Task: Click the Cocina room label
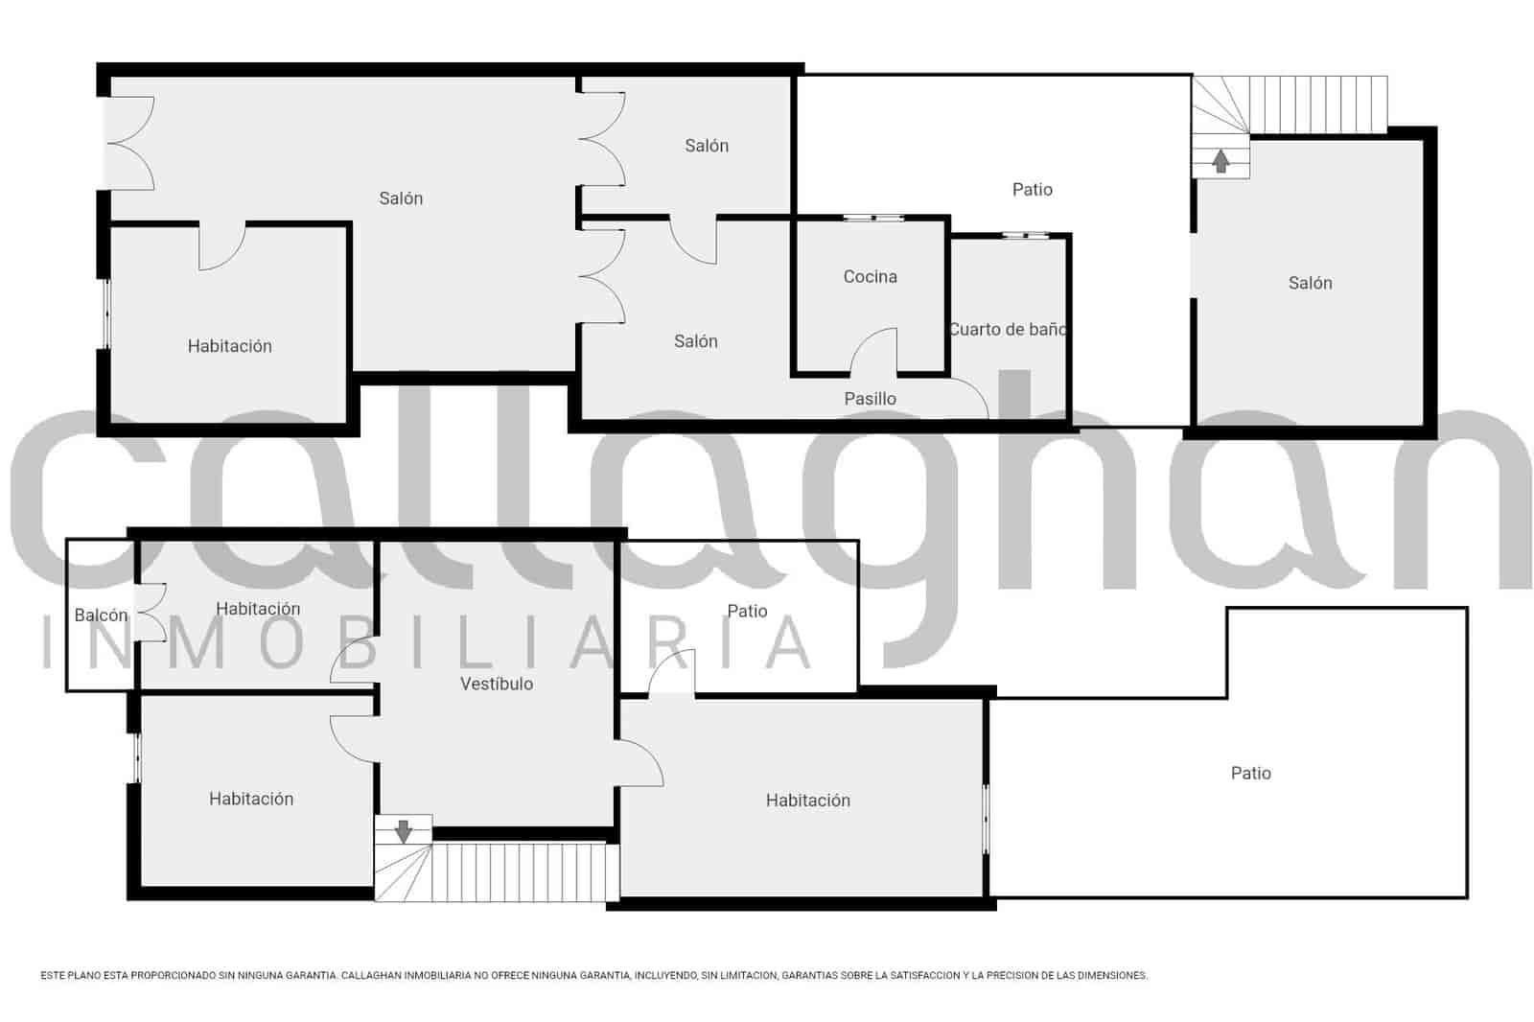(x=870, y=277)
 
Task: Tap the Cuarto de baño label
(x=1007, y=330)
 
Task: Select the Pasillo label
(x=870, y=399)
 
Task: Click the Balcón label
(x=101, y=616)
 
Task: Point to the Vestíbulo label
(x=496, y=685)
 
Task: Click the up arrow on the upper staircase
(x=1220, y=161)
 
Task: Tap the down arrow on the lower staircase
(x=404, y=830)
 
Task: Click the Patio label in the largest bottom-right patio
(x=1250, y=774)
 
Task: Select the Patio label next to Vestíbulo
(x=747, y=612)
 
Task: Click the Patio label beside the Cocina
(x=1032, y=190)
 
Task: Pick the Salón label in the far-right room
(x=1310, y=283)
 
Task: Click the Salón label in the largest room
(x=401, y=198)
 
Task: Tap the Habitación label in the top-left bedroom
(x=229, y=346)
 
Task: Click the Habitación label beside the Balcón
(x=258, y=609)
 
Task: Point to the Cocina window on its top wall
(x=873, y=219)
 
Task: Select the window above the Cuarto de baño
(x=1025, y=235)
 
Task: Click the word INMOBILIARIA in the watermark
(x=427, y=642)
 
